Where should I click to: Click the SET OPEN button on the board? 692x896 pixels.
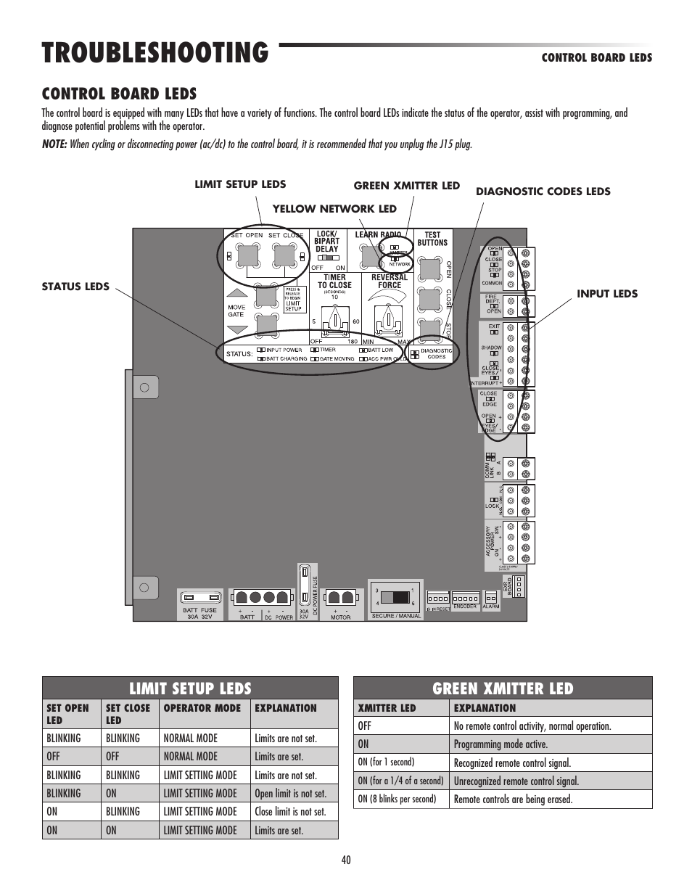(249, 254)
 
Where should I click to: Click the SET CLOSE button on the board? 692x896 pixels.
(284, 254)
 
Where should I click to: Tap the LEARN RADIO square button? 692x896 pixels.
(371, 255)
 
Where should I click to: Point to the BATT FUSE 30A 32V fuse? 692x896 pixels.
(199, 597)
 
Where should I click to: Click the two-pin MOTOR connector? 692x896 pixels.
(340, 598)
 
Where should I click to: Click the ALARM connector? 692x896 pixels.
(490, 599)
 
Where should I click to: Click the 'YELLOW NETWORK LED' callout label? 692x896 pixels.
(334, 209)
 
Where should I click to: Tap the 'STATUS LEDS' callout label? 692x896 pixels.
(75, 287)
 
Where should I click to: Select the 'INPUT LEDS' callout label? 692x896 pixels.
(607, 294)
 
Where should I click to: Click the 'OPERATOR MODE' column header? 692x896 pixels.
(202, 708)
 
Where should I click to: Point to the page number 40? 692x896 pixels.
(346, 860)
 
